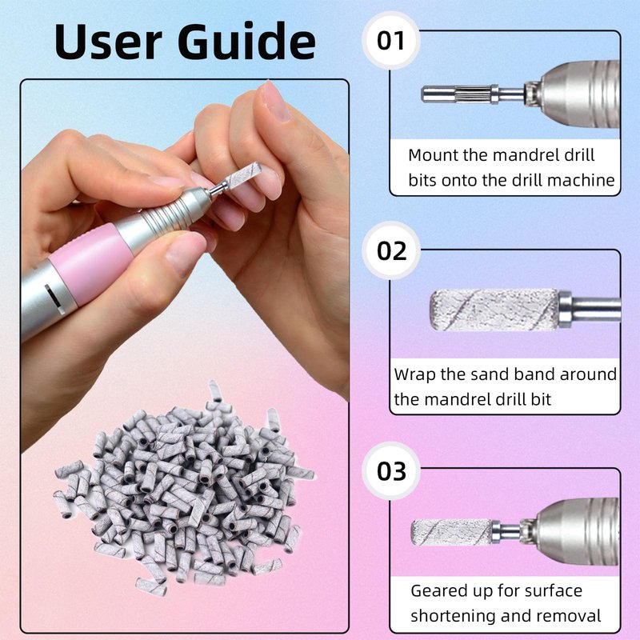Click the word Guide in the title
coord(246,42)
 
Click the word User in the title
coord(108,42)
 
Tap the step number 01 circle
coord(390,41)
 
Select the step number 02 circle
coord(391,250)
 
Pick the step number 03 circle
coord(391,470)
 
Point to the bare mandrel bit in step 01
coord(471,94)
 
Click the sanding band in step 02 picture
coord(494,310)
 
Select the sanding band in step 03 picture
coord(452,532)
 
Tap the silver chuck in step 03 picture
coord(575,532)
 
